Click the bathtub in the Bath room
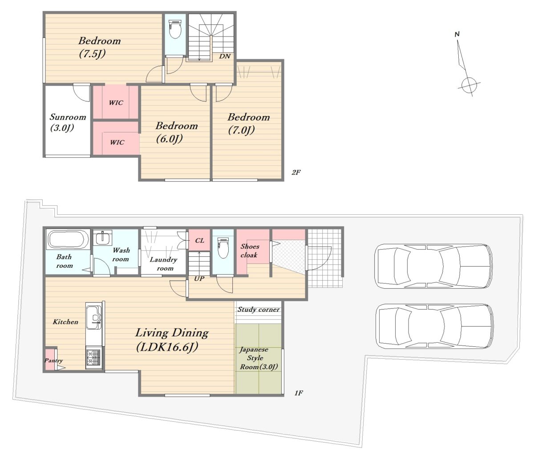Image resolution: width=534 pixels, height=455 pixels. (68, 239)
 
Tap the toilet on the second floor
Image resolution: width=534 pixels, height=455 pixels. (174, 29)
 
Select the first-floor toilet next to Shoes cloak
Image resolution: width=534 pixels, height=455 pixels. (222, 248)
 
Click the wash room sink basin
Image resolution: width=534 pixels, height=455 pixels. (103, 238)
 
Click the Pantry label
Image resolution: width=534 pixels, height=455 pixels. (53, 361)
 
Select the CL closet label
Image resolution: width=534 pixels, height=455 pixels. (199, 241)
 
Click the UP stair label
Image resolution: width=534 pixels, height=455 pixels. (199, 279)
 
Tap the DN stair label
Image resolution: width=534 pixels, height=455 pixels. (224, 56)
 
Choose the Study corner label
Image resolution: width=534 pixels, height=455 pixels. (259, 309)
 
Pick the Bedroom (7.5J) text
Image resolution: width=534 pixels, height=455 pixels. (100, 47)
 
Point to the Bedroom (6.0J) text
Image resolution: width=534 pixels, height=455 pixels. (177, 132)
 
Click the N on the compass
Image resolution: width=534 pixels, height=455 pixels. (457, 34)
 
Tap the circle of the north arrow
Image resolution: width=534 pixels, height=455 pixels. (469, 85)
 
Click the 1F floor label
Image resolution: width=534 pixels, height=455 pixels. (299, 393)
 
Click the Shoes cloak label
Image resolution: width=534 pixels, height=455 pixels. (250, 250)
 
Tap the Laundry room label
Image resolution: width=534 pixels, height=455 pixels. (163, 264)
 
